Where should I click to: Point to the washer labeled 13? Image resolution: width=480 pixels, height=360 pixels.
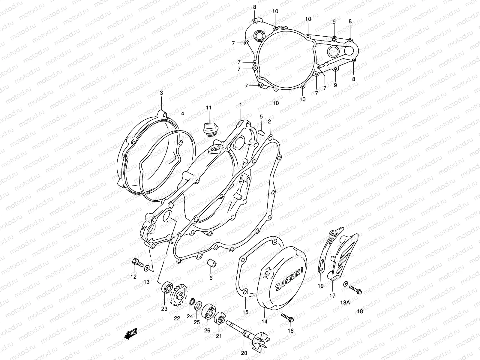tap(147, 268)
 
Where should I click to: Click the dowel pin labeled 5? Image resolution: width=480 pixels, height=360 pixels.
tap(261, 131)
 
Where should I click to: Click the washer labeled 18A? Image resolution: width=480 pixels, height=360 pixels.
tap(346, 283)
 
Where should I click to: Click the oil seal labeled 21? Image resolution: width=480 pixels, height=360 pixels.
tap(220, 319)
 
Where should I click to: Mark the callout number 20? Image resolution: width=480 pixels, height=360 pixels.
tap(244, 353)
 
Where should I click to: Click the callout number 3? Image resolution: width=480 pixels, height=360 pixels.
tap(161, 93)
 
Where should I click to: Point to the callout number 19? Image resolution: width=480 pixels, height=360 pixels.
tap(320, 286)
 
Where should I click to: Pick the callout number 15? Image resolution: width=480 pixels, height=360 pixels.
tap(245, 312)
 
